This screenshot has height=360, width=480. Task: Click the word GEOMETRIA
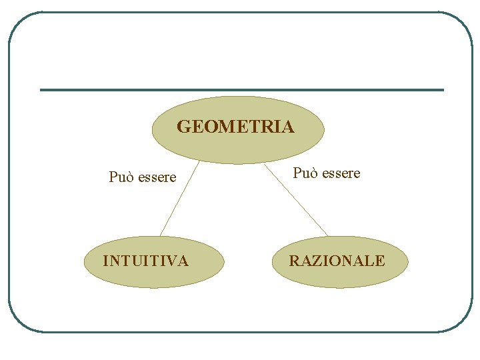(235, 127)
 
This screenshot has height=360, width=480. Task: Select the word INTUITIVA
(145, 261)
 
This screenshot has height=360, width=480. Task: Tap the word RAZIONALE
(337, 261)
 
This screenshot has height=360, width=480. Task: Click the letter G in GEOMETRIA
(183, 127)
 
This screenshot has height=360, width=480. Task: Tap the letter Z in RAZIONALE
(313, 261)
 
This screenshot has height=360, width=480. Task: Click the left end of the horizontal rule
(42, 90)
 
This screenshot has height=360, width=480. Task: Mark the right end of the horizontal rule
(442, 90)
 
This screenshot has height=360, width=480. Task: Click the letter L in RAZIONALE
(369, 261)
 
